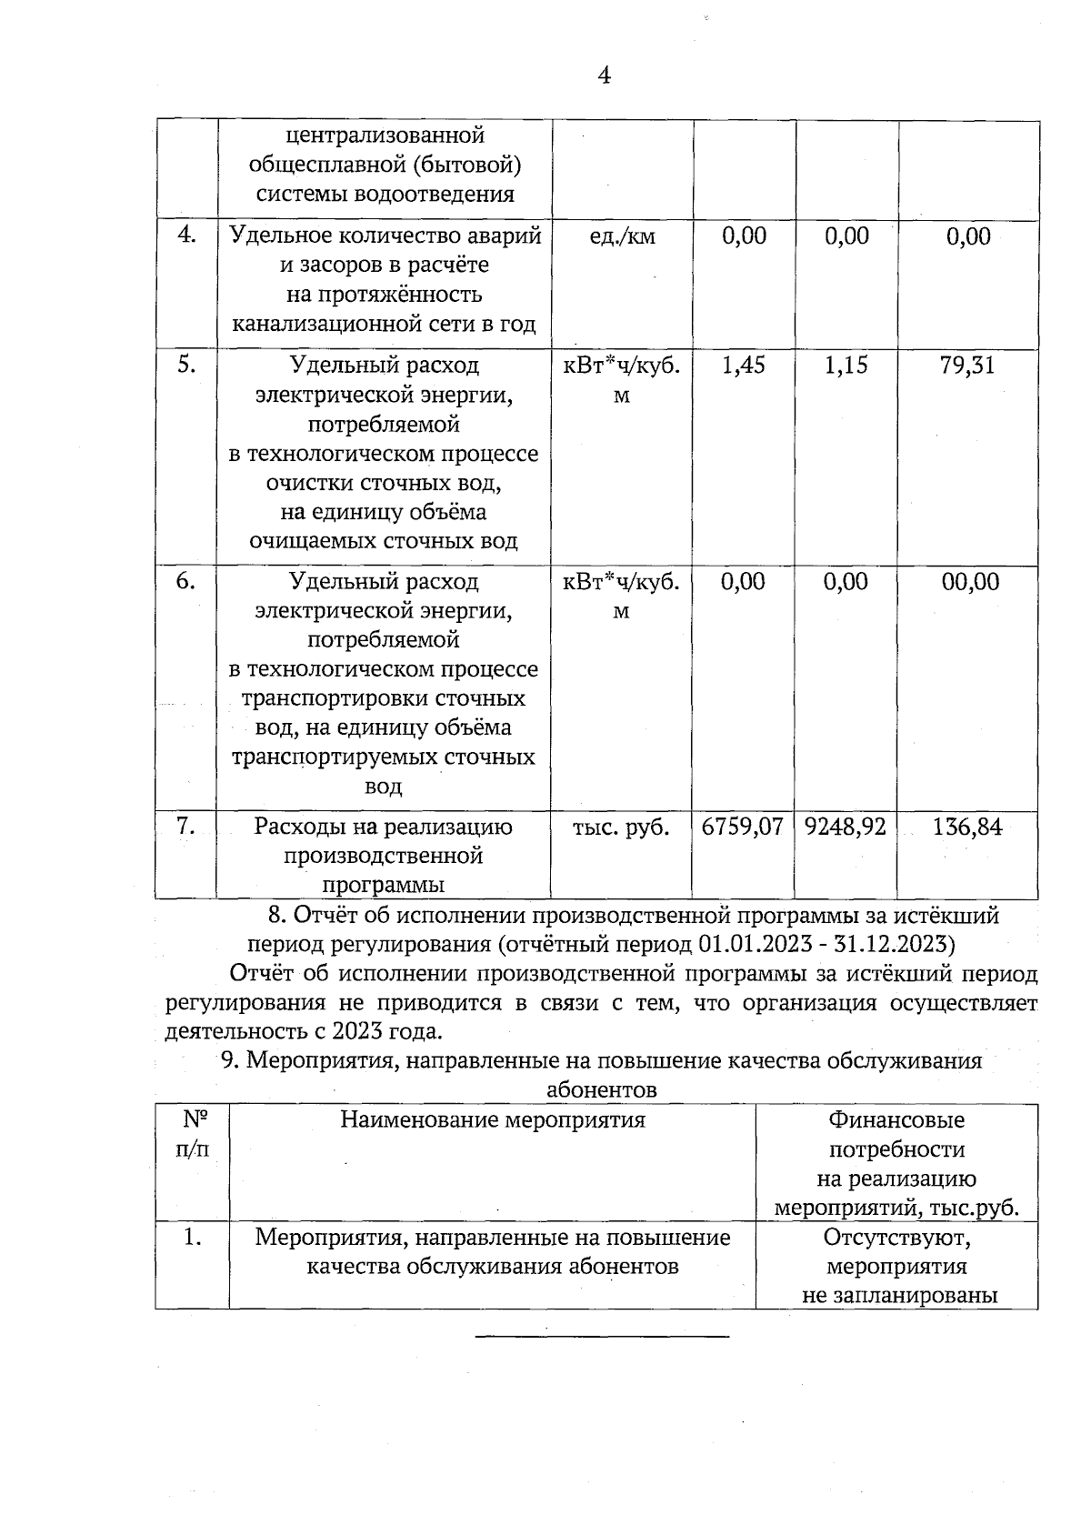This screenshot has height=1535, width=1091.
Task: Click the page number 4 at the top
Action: pos(604,75)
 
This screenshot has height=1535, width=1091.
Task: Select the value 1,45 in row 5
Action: pos(744,366)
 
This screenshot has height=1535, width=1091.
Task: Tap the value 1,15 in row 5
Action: pos(846,366)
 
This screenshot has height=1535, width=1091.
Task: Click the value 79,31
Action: pos(968,366)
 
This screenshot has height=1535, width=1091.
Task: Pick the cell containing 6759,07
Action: pos(743,827)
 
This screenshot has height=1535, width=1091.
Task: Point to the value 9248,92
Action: pos(846,827)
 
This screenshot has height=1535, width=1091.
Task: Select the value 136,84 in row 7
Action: pos(967,827)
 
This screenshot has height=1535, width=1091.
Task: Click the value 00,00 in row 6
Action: pos(970,582)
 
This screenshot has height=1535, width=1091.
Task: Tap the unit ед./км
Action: pos(622,237)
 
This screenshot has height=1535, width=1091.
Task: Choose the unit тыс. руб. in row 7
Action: pos(621,828)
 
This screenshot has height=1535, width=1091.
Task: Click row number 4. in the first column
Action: pos(185,235)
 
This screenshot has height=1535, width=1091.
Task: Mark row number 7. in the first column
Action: pos(185,826)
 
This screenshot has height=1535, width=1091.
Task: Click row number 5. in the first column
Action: pos(185,365)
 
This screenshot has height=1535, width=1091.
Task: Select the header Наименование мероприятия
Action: pos(493,1119)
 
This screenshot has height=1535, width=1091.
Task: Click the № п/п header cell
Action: pos(192,1134)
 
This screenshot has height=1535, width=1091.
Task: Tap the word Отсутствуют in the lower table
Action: pos(897,1238)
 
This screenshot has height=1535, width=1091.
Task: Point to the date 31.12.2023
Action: pos(890,942)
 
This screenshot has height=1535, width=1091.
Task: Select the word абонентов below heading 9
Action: pos(602,1089)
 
